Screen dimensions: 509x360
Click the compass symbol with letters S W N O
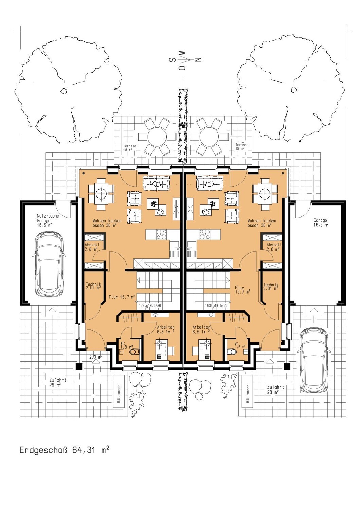coord(185,60)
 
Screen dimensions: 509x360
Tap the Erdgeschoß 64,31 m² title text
coord(64,450)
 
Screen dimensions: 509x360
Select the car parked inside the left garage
coord(49,264)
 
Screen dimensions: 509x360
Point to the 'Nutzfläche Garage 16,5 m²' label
coord(48,220)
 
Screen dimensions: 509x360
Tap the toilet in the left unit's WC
coord(134,352)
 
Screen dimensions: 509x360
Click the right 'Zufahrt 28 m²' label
coord(275,389)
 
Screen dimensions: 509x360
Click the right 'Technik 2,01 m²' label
coord(271,287)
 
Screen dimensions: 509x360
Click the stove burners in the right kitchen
coord(205,234)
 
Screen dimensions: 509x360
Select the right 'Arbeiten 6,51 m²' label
coord(201,329)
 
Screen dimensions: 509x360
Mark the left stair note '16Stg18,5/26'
coord(150,305)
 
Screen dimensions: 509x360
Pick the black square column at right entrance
coord(287,366)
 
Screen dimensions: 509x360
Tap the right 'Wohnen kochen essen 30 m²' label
coord(262,223)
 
